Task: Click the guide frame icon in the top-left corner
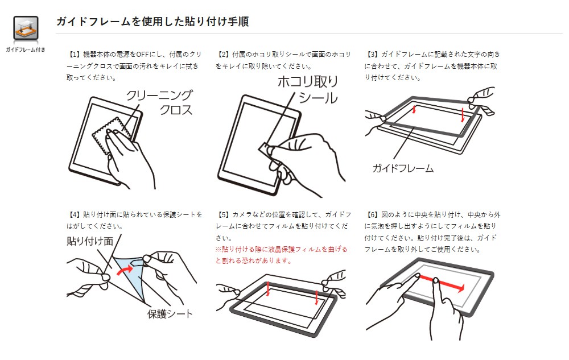click(26, 28)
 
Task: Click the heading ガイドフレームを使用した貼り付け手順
click(152, 22)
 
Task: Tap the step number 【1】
click(74, 55)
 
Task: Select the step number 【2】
click(223, 55)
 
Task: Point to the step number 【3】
click(372, 55)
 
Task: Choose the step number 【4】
click(74, 214)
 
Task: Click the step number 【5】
click(223, 214)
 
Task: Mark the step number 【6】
click(372, 214)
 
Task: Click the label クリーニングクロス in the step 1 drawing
click(160, 102)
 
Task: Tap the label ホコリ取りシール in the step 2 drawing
click(308, 89)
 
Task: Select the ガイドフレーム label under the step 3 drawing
click(403, 168)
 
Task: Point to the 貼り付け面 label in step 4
click(90, 241)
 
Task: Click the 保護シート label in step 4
click(170, 313)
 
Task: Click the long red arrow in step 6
click(442, 283)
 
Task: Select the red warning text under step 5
click(282, 255)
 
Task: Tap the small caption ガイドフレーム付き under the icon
click(26, 49)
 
